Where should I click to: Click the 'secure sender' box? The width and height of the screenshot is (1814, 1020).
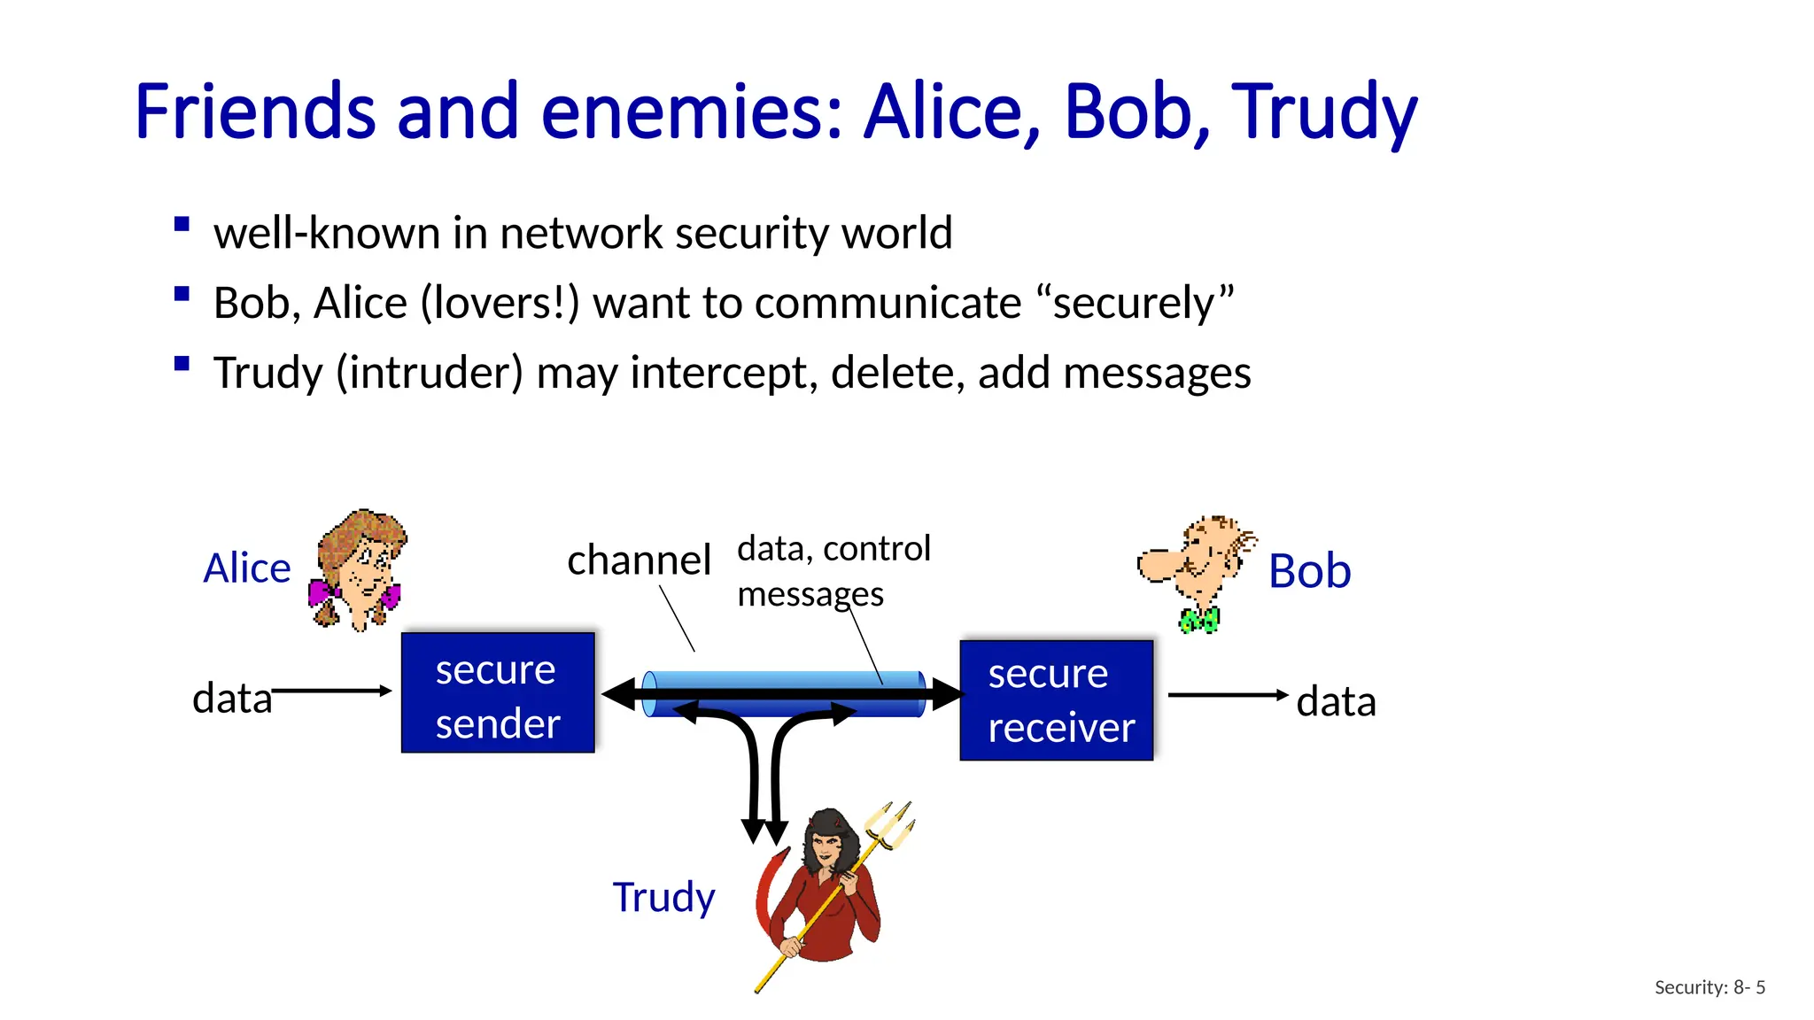498,693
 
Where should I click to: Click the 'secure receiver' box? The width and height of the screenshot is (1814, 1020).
1057,700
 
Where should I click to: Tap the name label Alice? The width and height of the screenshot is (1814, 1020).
247,568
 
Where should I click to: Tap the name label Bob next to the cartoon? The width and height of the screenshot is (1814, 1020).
1309,571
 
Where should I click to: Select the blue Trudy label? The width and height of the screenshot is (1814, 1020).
663,897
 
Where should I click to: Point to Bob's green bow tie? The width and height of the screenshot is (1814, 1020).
1199,620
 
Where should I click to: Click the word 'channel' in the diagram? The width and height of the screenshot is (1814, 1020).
639,560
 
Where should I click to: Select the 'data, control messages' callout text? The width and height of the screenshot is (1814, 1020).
833,570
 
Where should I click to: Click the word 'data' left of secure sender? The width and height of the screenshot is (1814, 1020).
232,699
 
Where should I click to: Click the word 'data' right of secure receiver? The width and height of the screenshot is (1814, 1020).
1336,702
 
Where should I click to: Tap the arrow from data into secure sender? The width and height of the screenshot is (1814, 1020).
332,691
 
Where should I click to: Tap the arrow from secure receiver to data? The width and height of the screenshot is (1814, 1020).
1228,695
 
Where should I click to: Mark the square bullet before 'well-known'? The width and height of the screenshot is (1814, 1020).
182,225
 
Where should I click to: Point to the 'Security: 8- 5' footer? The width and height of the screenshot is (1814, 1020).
1709,987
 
